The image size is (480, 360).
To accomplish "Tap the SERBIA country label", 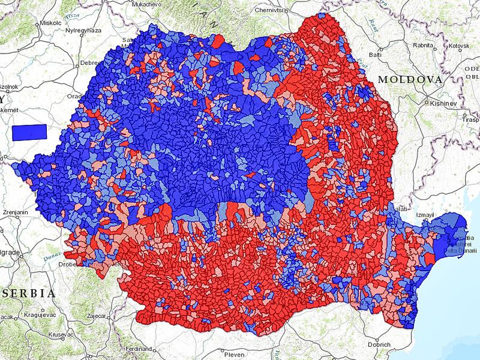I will point(28,293).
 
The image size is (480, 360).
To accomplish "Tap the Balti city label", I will point(376,55).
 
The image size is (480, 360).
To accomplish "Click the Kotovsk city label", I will point(457,45).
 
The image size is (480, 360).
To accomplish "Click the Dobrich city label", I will point(378,344).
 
